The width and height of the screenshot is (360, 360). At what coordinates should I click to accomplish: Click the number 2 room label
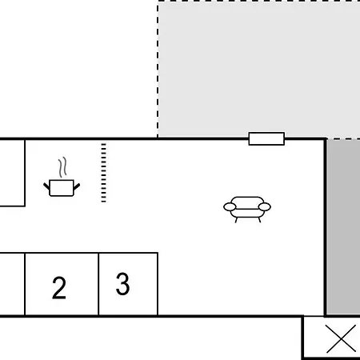[59, 288]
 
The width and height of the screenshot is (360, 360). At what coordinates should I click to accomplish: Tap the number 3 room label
[123, 284]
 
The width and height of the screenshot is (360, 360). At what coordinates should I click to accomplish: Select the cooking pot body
[62, 188]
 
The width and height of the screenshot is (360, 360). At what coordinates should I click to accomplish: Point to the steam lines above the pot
[62, 167]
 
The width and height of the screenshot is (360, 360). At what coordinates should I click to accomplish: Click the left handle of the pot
[46, 186]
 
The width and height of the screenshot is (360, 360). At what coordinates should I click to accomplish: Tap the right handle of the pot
[77, 186]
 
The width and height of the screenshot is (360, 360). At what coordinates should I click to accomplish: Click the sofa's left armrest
[230, 206]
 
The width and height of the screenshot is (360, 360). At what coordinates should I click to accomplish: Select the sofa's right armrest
[265, 206]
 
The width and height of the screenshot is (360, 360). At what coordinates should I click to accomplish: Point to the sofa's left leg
[236, 220]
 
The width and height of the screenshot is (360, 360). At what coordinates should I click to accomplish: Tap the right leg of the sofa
[259, 220]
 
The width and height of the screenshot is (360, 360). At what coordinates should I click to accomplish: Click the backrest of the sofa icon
[247, 202]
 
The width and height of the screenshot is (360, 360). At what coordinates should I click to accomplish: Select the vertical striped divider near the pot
[104, 173]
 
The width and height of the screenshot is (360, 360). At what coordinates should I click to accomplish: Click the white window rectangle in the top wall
[266, 138]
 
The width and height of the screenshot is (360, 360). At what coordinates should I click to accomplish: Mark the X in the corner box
[341, 338]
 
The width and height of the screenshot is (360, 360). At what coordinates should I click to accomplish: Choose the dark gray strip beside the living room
[344, 227]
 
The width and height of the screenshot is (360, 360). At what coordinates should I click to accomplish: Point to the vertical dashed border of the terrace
[158, 70]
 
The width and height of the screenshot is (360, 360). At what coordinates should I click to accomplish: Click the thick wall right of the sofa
[326, 227]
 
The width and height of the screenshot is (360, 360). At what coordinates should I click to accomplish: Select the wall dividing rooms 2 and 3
[98, 284]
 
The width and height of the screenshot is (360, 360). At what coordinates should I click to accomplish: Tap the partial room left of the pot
[12, 173]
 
